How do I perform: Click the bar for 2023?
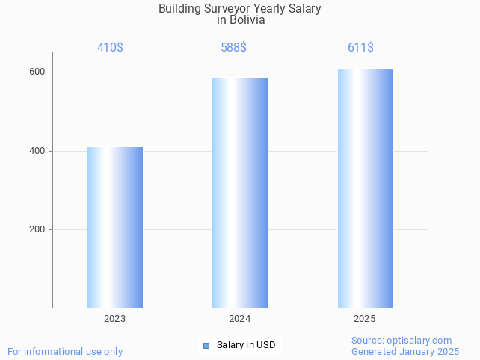click(114, 227)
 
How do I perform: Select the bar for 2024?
click(239, 193)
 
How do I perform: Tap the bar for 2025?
click(365, 188)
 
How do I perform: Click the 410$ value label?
click(110, 48)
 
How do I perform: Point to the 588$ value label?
click(233, 48)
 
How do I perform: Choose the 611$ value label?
click(360, 48)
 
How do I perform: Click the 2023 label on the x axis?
click(114, 319)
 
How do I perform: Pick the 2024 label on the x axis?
click(239, 319)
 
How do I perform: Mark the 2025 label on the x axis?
click(365, 319)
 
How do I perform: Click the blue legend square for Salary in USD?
click(206, 345)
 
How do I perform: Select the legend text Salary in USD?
click(246, 345)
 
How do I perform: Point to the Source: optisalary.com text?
click(401, 341)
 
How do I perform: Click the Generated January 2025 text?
click(405, 352)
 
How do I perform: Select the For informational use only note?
click(65, 352)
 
